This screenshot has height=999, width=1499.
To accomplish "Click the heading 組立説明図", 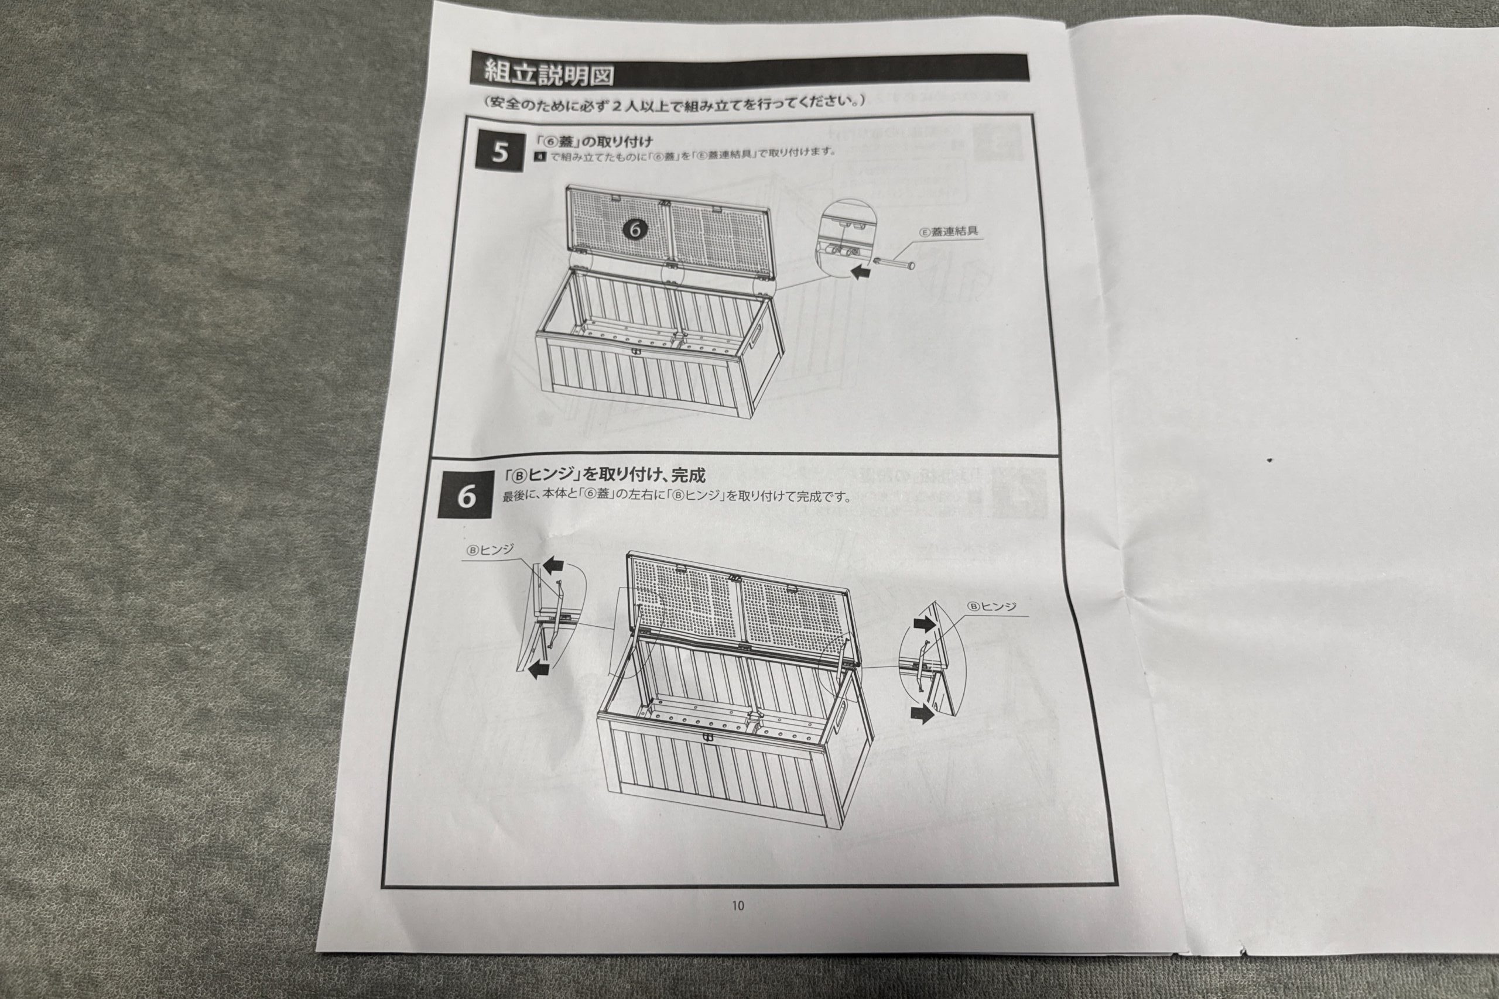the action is click(x=549, y=73).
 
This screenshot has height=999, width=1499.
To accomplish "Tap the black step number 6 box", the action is click(x=467, y=497).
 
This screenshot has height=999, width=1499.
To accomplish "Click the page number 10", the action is click(x=738, y=905).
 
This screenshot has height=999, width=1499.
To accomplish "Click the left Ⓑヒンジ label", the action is click(x=490, y=551).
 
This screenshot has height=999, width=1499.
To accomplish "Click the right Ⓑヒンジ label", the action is click(x=992, y=606).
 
